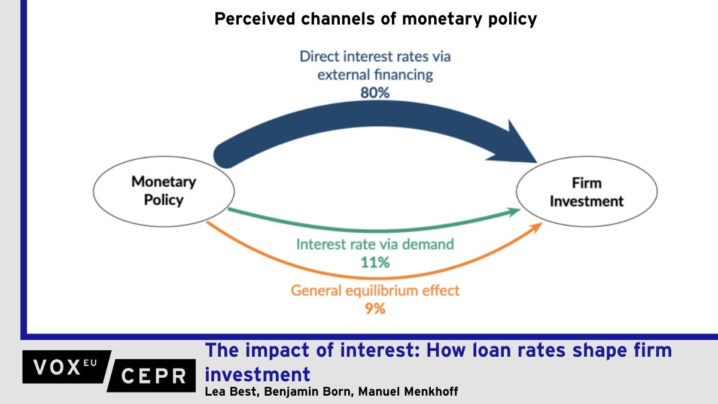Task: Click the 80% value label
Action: [x=375, y=93]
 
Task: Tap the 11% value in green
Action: [x=375, y=262]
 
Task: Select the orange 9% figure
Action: [x=375, y=308]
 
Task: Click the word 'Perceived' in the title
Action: [x=255, y=19]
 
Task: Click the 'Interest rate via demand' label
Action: [x=375, y=244]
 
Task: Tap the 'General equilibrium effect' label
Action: [x=375, y=290]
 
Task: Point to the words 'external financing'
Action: [x=375, y=75]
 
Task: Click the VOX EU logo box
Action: [x=66, y=367]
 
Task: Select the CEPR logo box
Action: [x=151, y=375]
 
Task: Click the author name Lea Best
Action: [x=232, y=391]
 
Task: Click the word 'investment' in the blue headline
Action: [x=258, y=374]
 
